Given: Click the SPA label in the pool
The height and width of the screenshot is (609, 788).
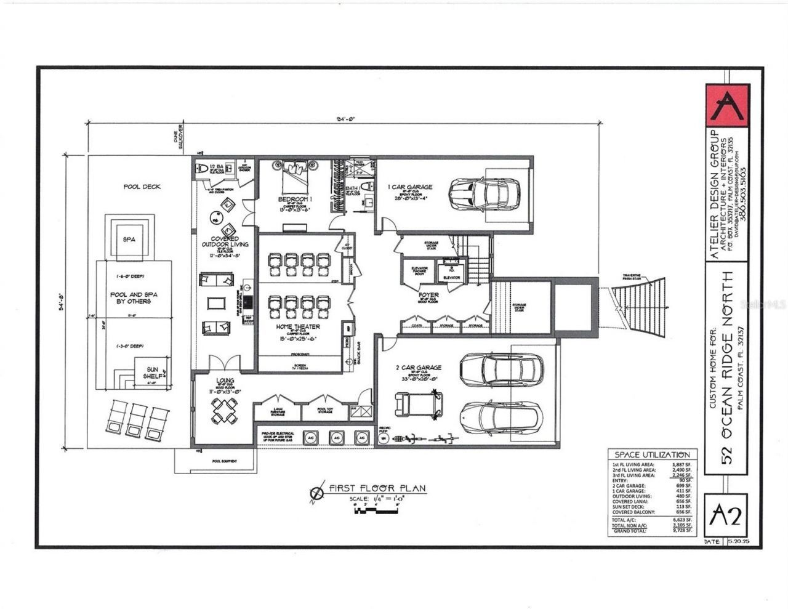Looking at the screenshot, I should pyautogui.click(x=129, y=239).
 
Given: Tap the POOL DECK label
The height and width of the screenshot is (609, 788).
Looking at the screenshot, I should pyautogui.click(x=142, y=187).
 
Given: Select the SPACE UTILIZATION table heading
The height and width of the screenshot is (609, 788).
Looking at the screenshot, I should pyautogui.click(x=652, y=454).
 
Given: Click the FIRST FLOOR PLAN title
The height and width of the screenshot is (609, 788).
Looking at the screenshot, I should pyautogui.click(x=376, y=488).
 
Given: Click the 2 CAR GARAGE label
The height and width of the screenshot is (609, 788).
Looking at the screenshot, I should pyautogui.click(x=419, y=368).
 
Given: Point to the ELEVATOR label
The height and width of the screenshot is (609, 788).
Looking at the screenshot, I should pyautogui.click(x=451, y=278).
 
